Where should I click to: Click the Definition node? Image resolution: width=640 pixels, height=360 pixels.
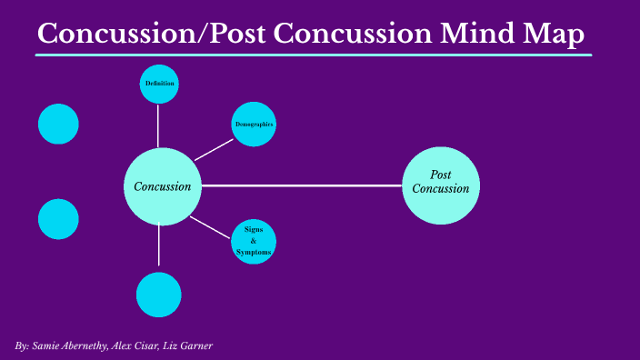159,85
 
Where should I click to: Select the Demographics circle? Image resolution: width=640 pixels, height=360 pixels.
254,124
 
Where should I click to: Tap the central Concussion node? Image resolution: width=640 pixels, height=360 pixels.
162,186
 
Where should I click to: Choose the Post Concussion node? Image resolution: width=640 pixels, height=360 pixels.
440,185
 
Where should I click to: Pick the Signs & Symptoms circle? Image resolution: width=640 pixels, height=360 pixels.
254,241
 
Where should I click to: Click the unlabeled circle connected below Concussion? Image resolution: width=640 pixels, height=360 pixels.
159,295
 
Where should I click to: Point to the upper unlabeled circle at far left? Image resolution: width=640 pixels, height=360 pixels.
58,124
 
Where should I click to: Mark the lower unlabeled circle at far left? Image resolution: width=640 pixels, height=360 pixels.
58,219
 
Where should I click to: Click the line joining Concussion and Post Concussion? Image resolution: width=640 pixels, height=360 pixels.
300,185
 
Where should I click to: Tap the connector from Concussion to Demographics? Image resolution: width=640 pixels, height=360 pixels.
214,149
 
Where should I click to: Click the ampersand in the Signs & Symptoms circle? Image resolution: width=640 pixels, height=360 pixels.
254,241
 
